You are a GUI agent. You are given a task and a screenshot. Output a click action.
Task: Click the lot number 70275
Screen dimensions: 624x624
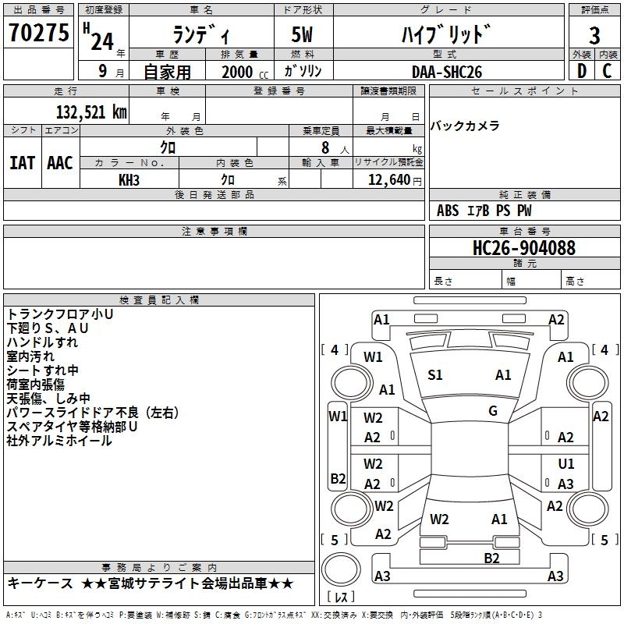point(39,34)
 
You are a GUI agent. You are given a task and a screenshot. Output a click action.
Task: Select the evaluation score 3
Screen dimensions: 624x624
point(594,35)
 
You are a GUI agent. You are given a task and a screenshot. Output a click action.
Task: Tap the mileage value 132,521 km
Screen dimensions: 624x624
point(91,112)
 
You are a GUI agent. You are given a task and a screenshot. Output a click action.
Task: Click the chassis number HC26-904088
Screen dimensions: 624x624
point(524,249)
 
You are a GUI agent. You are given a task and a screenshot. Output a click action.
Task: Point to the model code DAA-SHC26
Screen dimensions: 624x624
point(447,72)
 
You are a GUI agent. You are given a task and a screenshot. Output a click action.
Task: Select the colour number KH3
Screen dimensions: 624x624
point(129,179)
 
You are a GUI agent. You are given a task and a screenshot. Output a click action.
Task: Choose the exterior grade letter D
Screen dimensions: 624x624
point(580,72)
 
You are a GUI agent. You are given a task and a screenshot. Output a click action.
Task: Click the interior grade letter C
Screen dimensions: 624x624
point(607,72)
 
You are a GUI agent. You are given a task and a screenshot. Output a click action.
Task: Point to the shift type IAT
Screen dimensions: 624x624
point(22,163)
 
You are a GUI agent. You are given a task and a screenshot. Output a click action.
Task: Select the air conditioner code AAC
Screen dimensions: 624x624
point(59,163)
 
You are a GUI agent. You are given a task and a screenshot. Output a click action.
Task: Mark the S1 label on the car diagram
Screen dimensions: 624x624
point(435,375)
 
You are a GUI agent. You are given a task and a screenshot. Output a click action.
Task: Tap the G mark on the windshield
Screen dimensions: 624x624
point(492,411)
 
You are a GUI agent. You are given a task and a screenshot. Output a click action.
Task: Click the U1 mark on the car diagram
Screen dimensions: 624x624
point(566,464)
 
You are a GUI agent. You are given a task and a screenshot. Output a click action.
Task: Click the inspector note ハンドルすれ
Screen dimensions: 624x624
point(42,342)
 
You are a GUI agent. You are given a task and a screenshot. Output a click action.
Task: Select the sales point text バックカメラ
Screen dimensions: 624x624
point(465,126)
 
